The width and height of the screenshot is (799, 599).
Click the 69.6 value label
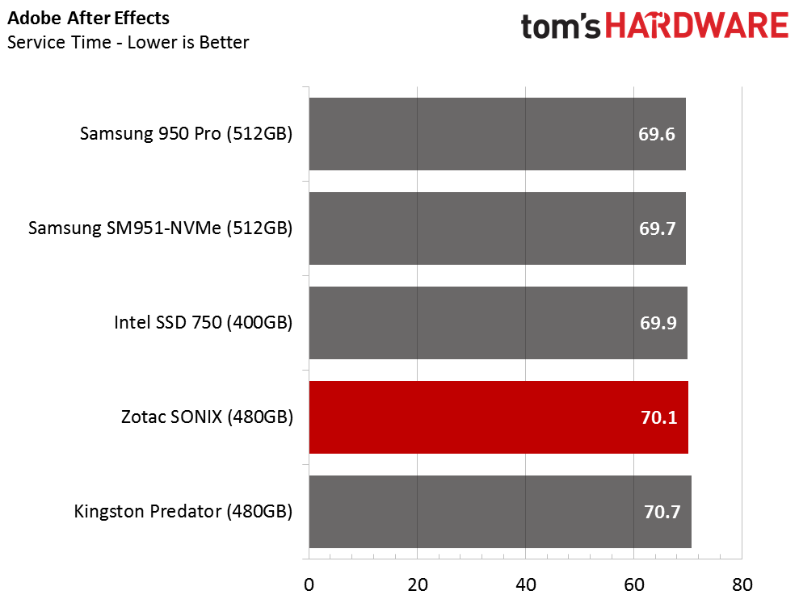(657, 134)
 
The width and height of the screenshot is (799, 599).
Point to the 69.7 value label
(657, 228)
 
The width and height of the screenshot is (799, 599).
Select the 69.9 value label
(657, 323)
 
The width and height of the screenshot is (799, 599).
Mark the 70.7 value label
(662, 512)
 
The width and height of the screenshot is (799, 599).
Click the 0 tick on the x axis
(309, 584)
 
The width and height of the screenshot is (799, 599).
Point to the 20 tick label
(417, 584)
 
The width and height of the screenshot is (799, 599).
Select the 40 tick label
(525, 584)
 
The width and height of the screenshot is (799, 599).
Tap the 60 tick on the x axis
(633, 584)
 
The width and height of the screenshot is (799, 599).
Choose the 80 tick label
(742, 584)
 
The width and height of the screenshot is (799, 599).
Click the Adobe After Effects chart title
(88, 18)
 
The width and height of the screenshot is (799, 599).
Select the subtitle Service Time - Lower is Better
(128, 42)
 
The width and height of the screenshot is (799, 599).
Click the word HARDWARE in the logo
(697, 27)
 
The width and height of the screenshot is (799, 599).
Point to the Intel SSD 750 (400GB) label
(203, 323)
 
